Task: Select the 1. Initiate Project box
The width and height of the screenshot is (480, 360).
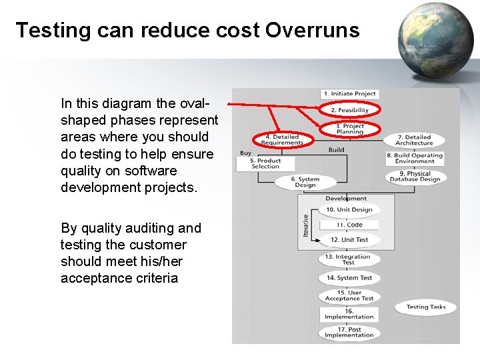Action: click(x=349, y=94)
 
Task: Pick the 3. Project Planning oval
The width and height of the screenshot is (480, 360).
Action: click(x=349, y=128)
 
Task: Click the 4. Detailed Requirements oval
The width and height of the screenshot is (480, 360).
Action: click(x=282, y=140)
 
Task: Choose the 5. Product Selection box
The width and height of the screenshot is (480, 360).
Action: click(x=265, y=163)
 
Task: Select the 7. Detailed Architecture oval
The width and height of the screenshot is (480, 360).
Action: click(x=414, y=140)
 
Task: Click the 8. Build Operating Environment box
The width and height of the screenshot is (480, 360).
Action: click(x=414, y=158)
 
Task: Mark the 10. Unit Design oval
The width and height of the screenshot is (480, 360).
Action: click(x=349, y=209)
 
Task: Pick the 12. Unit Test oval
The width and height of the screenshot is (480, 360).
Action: click(x=349, y=240)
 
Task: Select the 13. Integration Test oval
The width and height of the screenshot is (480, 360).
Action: click(x=348, y=259)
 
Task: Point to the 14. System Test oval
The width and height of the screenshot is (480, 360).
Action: click(x=349, y=278)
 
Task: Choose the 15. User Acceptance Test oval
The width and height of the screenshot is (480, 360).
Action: click(x=349, y=295)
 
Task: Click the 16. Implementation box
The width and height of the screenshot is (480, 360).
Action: click(x=349, y=313)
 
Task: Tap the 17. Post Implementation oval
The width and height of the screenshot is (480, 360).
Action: click(x=349, y=332)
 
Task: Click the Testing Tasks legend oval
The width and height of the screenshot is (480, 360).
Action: click(x=425, y=307)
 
